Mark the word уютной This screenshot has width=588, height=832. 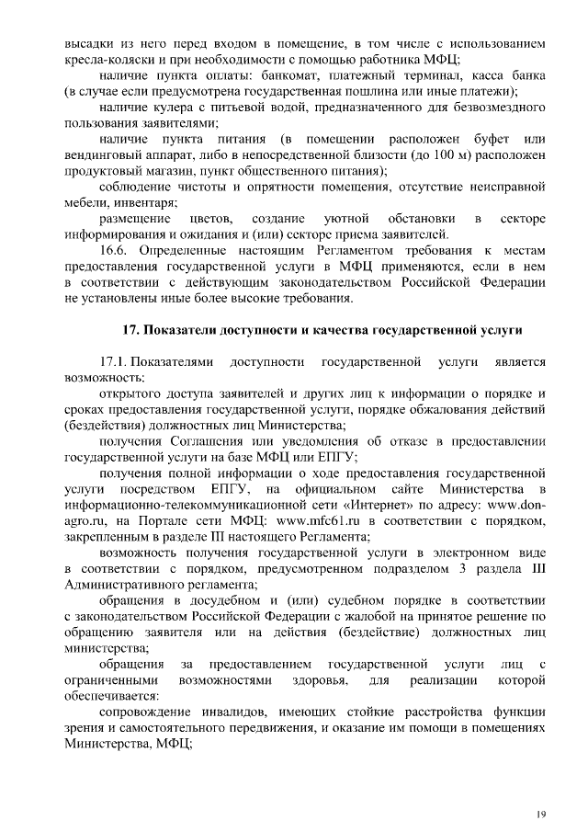346,218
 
